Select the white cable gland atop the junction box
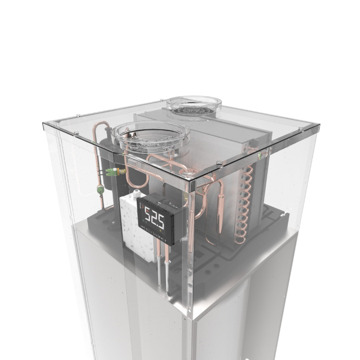137,192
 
